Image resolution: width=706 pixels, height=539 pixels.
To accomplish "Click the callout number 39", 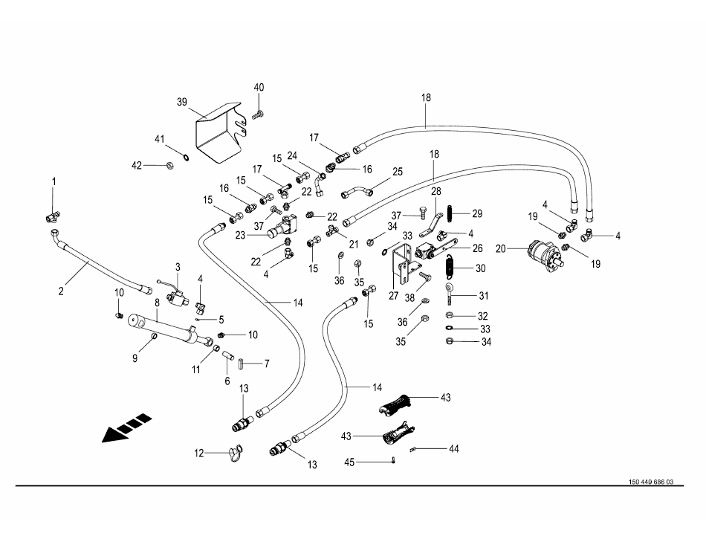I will coord(182,102).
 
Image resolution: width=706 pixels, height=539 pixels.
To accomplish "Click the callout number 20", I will coord(500,248).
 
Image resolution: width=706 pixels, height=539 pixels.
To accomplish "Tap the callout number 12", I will coord(198,452).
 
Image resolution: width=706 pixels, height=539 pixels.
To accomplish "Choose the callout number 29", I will coord(476,213).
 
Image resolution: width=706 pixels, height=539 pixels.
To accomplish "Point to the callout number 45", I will coord(350,462).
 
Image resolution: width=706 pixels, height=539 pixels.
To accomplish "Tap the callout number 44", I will coord(453,449).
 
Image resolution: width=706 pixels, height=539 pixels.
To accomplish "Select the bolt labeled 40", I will coord(259,114).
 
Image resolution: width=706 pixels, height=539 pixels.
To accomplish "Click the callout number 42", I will coord(136,165).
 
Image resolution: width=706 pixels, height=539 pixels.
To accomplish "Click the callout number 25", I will coord(397,172).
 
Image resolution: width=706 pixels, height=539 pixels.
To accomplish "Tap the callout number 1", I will coord(54,181).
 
